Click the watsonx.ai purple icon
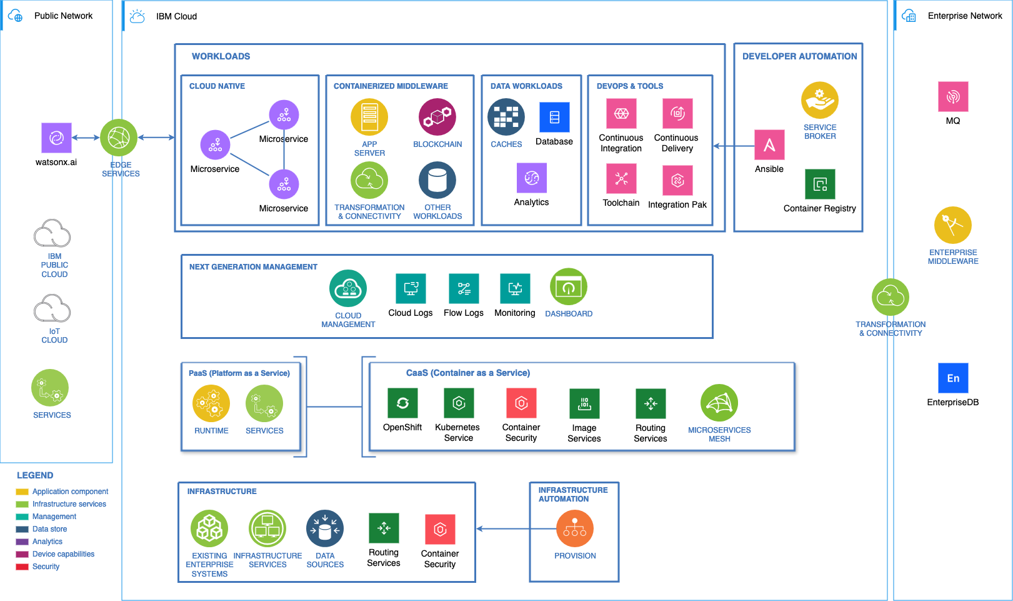[x=56, y=138]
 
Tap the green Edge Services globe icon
[x=119, y=138]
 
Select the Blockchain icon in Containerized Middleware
[x=437, y=117]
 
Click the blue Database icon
[x=554, y=117]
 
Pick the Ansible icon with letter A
[x=769, y=145]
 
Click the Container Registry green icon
[x=820, y=184]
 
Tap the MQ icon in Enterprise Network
[x=953, y=97]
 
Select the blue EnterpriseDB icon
[x=953, y=378]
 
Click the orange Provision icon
[x=575, y=528]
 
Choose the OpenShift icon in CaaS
[x=402, y=403]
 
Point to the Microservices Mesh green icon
[x=719, y=403]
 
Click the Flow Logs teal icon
[x=464, y=288]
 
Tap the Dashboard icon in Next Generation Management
[x=569, y=287]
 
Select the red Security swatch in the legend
[x=22, y=567]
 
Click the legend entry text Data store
[x=49, y=529]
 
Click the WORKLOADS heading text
[x=221, y=56]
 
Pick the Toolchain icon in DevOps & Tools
[x=621, y=179]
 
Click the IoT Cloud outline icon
[x=52, y=309]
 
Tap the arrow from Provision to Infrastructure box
[x=503, y=529]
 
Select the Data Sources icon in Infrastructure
[x=325, y=528]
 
